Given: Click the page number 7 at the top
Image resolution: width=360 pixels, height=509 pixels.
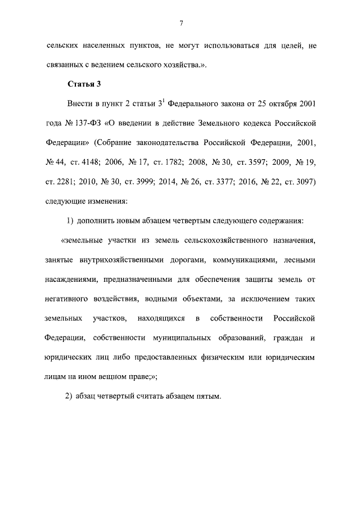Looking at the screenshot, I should point(180,23).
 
